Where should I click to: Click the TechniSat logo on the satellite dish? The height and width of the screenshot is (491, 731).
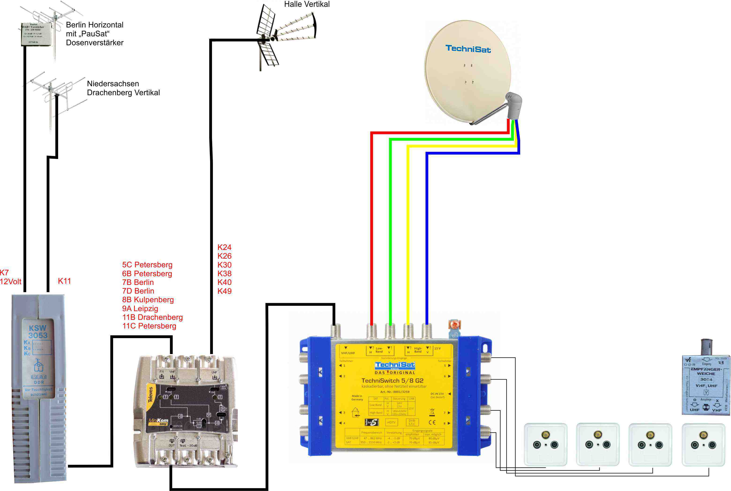click(x=468, y=49)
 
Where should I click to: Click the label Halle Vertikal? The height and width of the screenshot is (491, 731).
click(x=307, y=4)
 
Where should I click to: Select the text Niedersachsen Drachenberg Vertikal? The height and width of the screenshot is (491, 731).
click(x=123, y=88)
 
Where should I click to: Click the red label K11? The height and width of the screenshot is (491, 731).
click(x=64, y=281)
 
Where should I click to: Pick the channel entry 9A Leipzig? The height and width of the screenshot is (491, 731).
click(x=140, y=308)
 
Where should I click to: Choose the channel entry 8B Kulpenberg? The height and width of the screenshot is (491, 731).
click(x=148, y=300)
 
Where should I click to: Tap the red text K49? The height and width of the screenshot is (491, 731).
click(x=224, y=291)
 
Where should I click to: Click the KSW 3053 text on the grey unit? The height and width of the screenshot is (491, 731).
click(x=38, y=332)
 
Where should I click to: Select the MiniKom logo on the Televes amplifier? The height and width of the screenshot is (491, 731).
click(x=158, y=421)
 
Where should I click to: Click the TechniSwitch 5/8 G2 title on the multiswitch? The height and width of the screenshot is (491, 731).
click(x=392, y=381)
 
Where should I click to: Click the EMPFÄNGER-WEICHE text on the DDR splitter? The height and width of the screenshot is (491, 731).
click(x=706, y=371)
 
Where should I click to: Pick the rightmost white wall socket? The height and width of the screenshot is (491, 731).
click(x=703, y=444)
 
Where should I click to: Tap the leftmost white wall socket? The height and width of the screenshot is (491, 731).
click(x=545, y=444)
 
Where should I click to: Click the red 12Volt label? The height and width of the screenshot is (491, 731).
click(x=11, y=282)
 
